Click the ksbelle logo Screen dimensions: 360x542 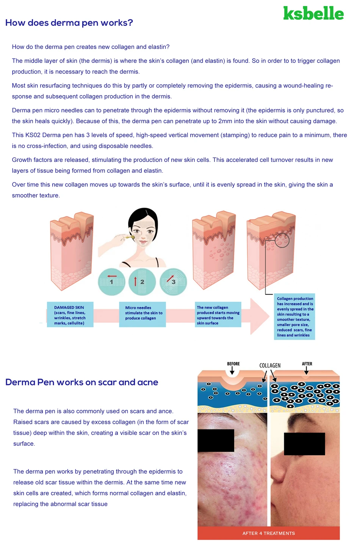[313, 14]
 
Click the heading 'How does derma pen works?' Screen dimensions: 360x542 [69, 23]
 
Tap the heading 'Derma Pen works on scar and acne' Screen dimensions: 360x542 [81, 382]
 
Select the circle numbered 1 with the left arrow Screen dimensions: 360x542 [111, 282]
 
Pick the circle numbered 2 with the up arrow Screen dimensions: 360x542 [142, 282]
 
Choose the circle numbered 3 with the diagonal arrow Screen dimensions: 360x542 [173, 282]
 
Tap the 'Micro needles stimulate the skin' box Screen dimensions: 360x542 [142, 314]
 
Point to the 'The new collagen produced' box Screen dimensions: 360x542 [218, 315]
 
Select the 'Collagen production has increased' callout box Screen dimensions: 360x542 [294, 316]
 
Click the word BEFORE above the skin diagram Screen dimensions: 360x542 [233, 364]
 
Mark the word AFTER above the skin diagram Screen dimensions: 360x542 [307, 364]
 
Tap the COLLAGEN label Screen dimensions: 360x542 [270, 366]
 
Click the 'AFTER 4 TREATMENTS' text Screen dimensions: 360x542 [268, 533]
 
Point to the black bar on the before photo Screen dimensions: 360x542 [216, 440]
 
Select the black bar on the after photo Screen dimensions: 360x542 [304, 444]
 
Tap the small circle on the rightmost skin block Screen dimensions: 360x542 [282, 240]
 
